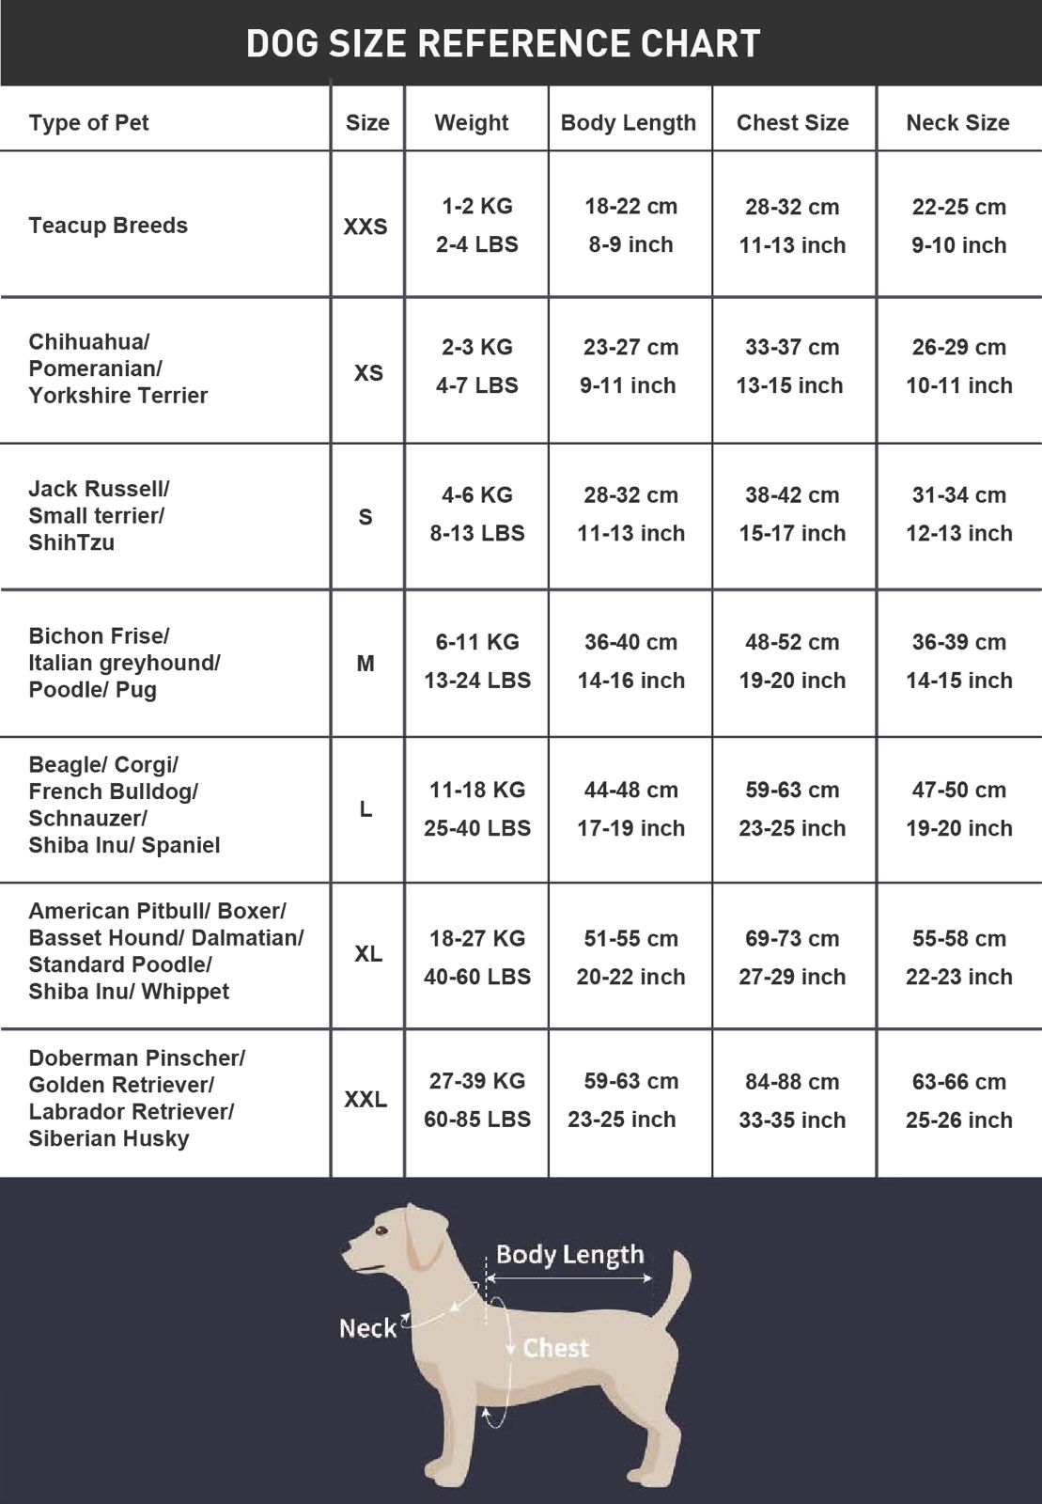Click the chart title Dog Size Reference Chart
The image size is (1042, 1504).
pos(503,44)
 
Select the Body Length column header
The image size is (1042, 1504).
pos(628,122)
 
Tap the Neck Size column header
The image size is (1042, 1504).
pos(957,122)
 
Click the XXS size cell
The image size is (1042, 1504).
pos(365,227)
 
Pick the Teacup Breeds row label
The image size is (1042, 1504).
pos(108,226)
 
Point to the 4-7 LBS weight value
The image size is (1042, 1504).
pos(476,385)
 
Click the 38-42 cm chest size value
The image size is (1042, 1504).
pos(792,495)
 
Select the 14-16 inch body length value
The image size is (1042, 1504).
pos(630,681)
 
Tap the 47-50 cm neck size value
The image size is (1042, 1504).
pos(958,790)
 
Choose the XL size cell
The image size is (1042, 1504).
pos(367,954)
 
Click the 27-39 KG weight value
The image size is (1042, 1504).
pos(476,1081)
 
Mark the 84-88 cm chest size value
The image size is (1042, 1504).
pos(792,1082)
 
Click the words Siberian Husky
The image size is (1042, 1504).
pos(109,1138)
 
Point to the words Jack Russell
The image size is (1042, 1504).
pos(98,489)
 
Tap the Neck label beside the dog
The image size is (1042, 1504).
pos(367,1328)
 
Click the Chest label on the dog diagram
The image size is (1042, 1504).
pos(555,1348)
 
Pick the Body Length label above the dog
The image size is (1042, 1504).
pos(569,1255)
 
